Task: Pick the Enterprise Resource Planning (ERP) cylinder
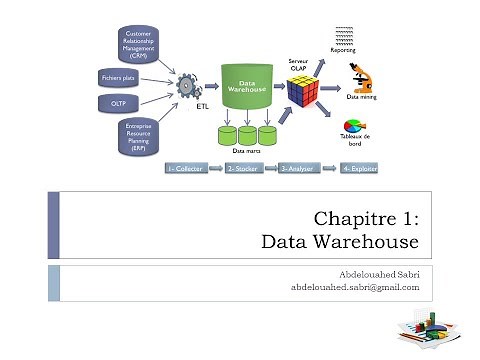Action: (139, 136)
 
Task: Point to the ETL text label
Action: (202, 104)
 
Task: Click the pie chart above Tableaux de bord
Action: (356, 129)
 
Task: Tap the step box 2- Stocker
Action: (246, 169)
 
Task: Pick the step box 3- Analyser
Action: (300, 169)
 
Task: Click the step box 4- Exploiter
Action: (359, 169)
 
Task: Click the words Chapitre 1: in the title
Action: (366, 219)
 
